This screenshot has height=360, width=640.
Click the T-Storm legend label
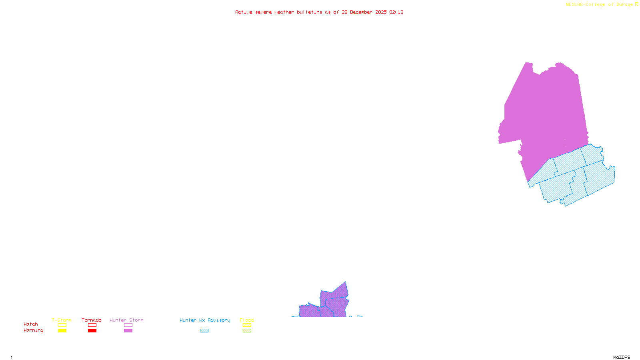[62, 320]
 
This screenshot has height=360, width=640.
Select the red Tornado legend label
[92, 320]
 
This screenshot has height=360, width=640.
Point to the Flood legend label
[247, 320]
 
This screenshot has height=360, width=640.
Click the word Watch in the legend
[31, 324]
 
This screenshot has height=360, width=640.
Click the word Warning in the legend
[34, 330]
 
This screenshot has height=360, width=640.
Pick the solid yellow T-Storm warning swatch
[62, 331]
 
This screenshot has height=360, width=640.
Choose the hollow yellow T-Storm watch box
[62, 325]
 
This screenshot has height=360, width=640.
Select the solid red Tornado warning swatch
[92, 331]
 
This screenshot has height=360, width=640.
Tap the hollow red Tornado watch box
[92, 325]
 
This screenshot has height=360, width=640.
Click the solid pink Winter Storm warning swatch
[128, 331]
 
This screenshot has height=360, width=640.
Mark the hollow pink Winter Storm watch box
[128, 325]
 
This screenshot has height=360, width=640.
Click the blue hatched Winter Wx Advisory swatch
[204, 331]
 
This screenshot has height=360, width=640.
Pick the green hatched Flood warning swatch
[247, 331]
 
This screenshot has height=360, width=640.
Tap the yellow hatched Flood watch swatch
[247, 325]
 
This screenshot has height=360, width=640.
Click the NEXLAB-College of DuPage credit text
[600, 5]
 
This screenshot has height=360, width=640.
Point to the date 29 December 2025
[364, 12]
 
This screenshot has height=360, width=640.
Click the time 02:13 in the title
[396, 12]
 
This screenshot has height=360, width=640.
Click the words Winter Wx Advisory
[205, 320]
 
